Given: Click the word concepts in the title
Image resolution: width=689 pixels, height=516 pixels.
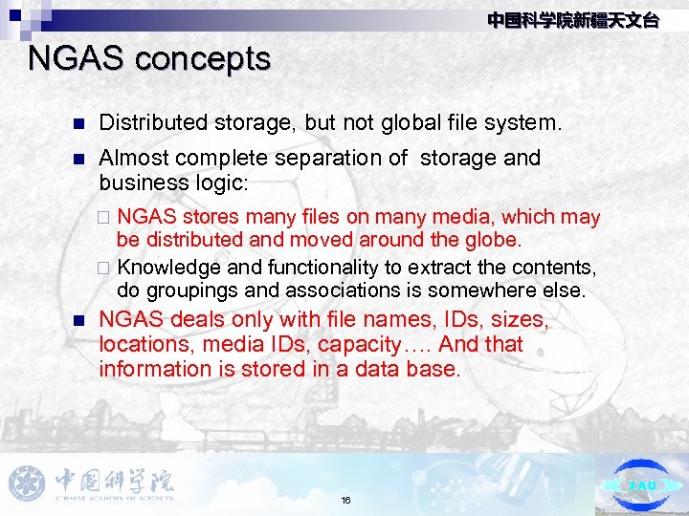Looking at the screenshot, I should point(203,59).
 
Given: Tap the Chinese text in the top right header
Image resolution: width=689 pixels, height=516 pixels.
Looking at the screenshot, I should point(572,20).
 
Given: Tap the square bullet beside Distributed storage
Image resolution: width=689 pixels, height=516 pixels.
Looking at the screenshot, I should point(79,123).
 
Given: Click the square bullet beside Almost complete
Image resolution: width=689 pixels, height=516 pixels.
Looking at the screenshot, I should point(79,159).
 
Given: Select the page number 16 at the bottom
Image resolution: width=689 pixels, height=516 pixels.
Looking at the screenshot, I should point(345,500).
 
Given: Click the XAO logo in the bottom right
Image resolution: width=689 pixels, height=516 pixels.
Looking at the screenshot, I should point(642,484).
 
